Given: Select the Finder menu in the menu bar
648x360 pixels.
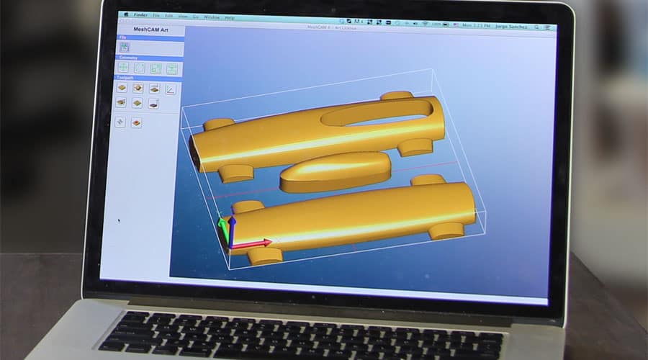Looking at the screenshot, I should point(140,15).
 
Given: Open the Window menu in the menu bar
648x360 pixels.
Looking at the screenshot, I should point(212,17).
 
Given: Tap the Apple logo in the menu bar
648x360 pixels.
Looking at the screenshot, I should point(125,14).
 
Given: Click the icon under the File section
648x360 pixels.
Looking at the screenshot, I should point(125,48).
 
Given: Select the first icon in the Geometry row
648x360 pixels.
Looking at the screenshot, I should point(123,68).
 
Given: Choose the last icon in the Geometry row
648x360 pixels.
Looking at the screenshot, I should point(172,69).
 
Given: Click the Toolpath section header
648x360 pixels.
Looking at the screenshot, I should point(129,80).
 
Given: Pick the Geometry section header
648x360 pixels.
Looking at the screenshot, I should point(129,58).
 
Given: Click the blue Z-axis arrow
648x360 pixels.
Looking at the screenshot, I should point(232,223).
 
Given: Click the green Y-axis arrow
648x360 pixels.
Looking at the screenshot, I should point(222,228).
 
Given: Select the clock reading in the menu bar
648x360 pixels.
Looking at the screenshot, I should point(474,26).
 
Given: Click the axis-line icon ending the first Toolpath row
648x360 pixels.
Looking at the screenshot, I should point(171,89).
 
